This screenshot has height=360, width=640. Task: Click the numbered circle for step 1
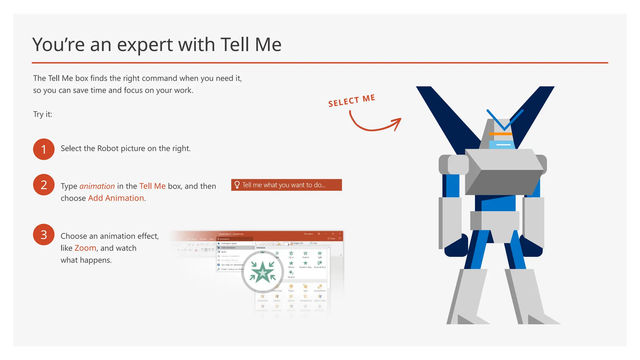click(44, 149)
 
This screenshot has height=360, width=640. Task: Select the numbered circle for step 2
click(44, 185)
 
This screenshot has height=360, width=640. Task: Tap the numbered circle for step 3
click(44, 235)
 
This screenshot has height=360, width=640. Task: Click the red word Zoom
click(85, 248)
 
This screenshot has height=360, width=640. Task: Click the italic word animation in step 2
click(97, 186)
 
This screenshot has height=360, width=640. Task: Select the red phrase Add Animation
click(116, 198)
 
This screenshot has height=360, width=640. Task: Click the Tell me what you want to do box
click(287, 185)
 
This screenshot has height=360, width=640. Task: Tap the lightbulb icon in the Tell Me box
click(237, 185)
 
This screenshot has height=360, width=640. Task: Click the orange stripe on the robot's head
click(500, 134)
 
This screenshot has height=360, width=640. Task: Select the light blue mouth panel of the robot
click(502, 145)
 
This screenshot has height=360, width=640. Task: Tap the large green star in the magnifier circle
click(262, 272)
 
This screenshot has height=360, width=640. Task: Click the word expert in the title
click(145, 44)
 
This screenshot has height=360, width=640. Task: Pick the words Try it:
click(43, 114)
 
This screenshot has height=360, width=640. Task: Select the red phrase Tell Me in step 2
click(152, 186)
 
